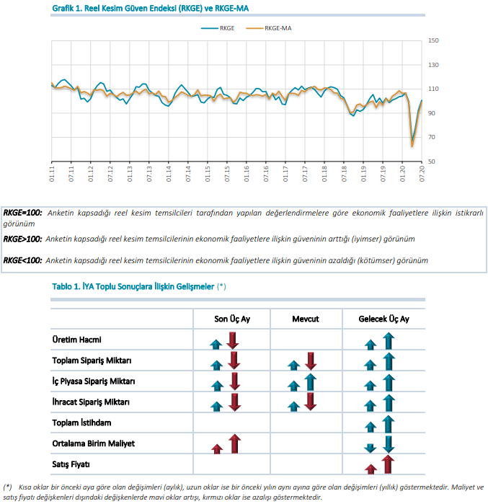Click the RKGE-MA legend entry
coord(269,28)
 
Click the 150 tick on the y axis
coord(433,40)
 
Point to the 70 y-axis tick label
coord(432,137)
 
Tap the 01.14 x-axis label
coord(169,174)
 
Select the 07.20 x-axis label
coord(422,174)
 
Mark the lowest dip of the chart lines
coord(412,146)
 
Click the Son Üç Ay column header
coord(232,319)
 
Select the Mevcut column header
coord(306,319)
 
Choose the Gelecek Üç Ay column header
coord(384,319)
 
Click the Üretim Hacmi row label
coord(77,340)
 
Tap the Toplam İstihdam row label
coord(81,423)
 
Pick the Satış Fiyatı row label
coord(71,464)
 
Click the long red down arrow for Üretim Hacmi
coord(233,341)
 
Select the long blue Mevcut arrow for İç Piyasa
coord(311,382)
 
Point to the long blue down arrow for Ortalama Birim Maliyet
coord(389,445)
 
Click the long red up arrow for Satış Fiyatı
coord(388,464)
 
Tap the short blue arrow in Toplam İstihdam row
coord(371,427)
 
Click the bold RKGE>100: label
coord(22,239)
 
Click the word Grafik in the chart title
coord(63,9)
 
